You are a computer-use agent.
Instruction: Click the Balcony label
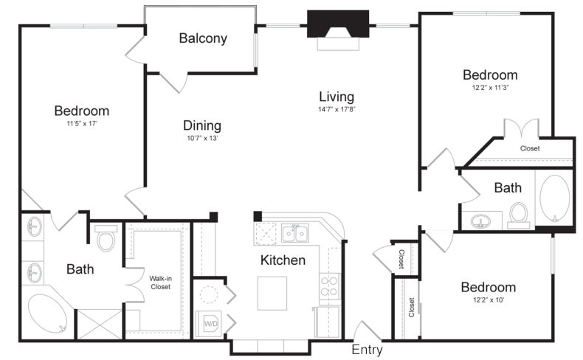203,38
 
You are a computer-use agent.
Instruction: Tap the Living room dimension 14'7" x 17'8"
337,109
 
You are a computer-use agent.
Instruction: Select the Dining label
202,125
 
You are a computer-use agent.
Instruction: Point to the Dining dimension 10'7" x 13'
202,139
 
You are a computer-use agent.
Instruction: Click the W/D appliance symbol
210,324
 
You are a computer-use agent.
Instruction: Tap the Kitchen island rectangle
272,293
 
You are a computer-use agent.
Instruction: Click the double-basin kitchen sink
295,233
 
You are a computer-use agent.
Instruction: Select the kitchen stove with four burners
330,286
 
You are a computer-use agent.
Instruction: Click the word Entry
367,350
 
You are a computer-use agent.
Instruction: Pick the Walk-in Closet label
161,283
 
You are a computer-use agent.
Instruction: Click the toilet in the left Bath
106,237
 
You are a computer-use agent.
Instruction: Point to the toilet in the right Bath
518,215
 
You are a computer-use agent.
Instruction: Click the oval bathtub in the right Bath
555,198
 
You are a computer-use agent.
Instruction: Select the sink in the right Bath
480,222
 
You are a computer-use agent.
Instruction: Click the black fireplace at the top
338,24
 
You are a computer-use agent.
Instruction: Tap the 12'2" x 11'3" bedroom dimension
490,88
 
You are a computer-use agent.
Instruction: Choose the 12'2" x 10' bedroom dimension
489,300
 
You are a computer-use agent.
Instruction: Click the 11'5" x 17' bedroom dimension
82,124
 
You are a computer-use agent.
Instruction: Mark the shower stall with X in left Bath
100,324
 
